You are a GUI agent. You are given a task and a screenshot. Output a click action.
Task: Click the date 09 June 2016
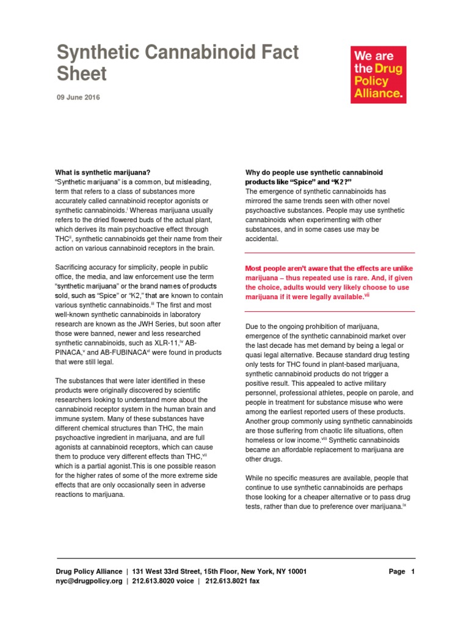pos(79,98)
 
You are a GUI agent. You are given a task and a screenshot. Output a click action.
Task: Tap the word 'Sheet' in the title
pos(82,73)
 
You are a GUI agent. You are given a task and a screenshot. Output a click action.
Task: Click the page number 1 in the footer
pos(413,572)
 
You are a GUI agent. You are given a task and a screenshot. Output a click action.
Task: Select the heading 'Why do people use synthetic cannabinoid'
pos(314,173)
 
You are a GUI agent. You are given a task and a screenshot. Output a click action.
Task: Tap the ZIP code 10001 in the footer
pos(294,572)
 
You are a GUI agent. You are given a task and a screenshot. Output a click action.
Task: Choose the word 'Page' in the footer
pos(397,572)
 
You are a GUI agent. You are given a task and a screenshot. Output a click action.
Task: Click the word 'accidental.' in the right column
pos(261,239)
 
